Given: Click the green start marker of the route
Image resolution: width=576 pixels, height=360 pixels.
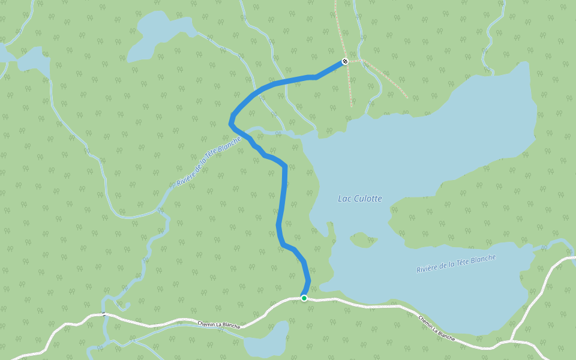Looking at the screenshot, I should pos(304,298).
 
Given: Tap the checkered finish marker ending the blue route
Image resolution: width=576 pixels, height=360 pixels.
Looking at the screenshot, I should pos(345,61).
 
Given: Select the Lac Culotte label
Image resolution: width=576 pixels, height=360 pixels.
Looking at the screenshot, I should pos(359,199).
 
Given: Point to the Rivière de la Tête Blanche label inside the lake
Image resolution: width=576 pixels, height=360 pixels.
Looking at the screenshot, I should pos(456,264).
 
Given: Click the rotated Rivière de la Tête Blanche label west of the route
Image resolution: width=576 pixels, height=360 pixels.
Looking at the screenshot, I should pos(208,161).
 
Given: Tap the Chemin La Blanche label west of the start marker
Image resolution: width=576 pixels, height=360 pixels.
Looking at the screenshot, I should pos(219,325).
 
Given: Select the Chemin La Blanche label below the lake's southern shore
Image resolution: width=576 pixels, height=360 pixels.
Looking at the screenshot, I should pos(436,329).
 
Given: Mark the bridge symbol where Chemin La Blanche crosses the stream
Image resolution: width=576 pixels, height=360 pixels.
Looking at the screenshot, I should pos(104,314).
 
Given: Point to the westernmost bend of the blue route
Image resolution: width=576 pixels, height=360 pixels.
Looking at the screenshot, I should pos(230,122).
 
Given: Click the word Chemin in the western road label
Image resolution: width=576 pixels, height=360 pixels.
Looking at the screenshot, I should pos(208,323).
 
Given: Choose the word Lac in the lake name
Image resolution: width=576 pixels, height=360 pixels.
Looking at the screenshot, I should pos(344,199).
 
